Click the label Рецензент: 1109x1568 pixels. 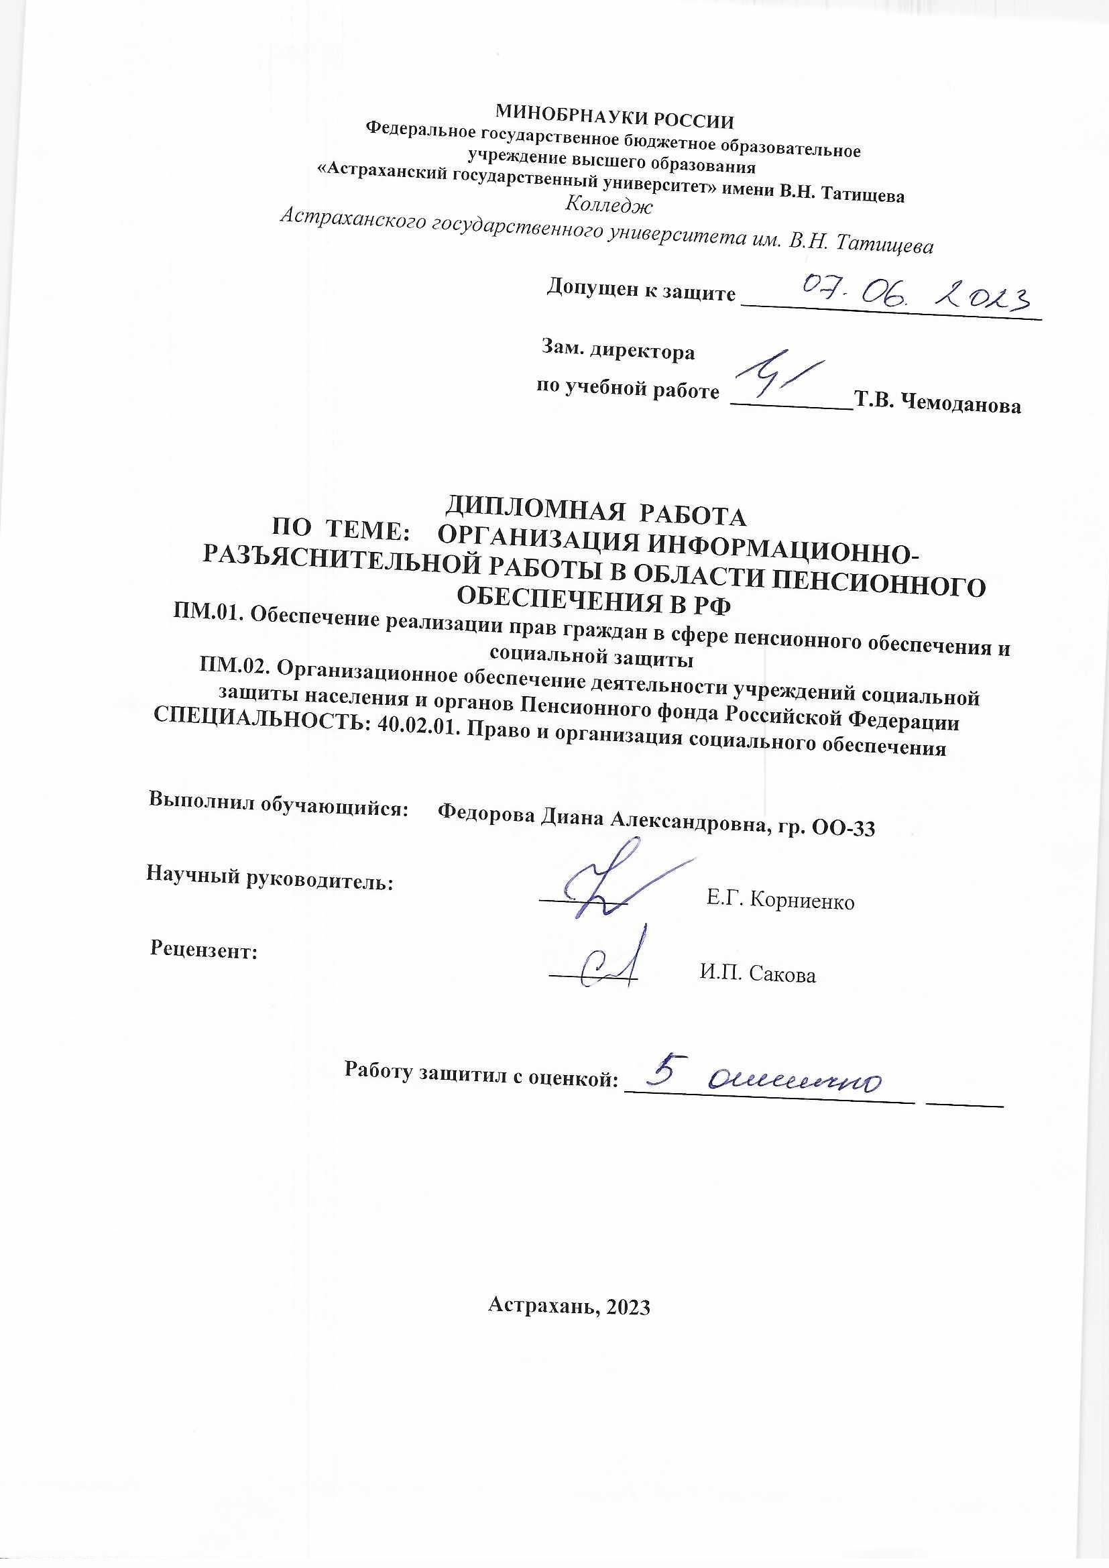(x=204, y=949)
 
